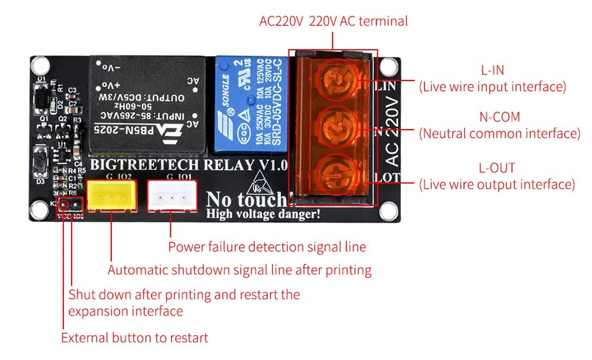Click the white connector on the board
172,195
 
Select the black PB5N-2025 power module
147,104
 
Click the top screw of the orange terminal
336,79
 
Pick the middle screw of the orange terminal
336,126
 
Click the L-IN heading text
493,70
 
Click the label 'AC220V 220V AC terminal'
333,21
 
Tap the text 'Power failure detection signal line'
267,247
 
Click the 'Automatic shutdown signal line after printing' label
239,271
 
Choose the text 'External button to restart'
134,338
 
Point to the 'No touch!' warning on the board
245,200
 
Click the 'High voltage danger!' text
263,214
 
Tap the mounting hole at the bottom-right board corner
388,210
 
